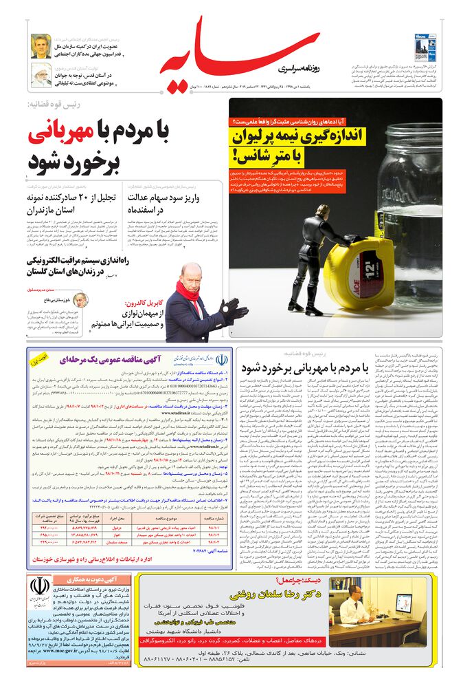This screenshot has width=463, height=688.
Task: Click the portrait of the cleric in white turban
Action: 41,75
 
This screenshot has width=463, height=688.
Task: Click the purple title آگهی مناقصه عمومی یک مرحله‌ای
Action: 103,360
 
